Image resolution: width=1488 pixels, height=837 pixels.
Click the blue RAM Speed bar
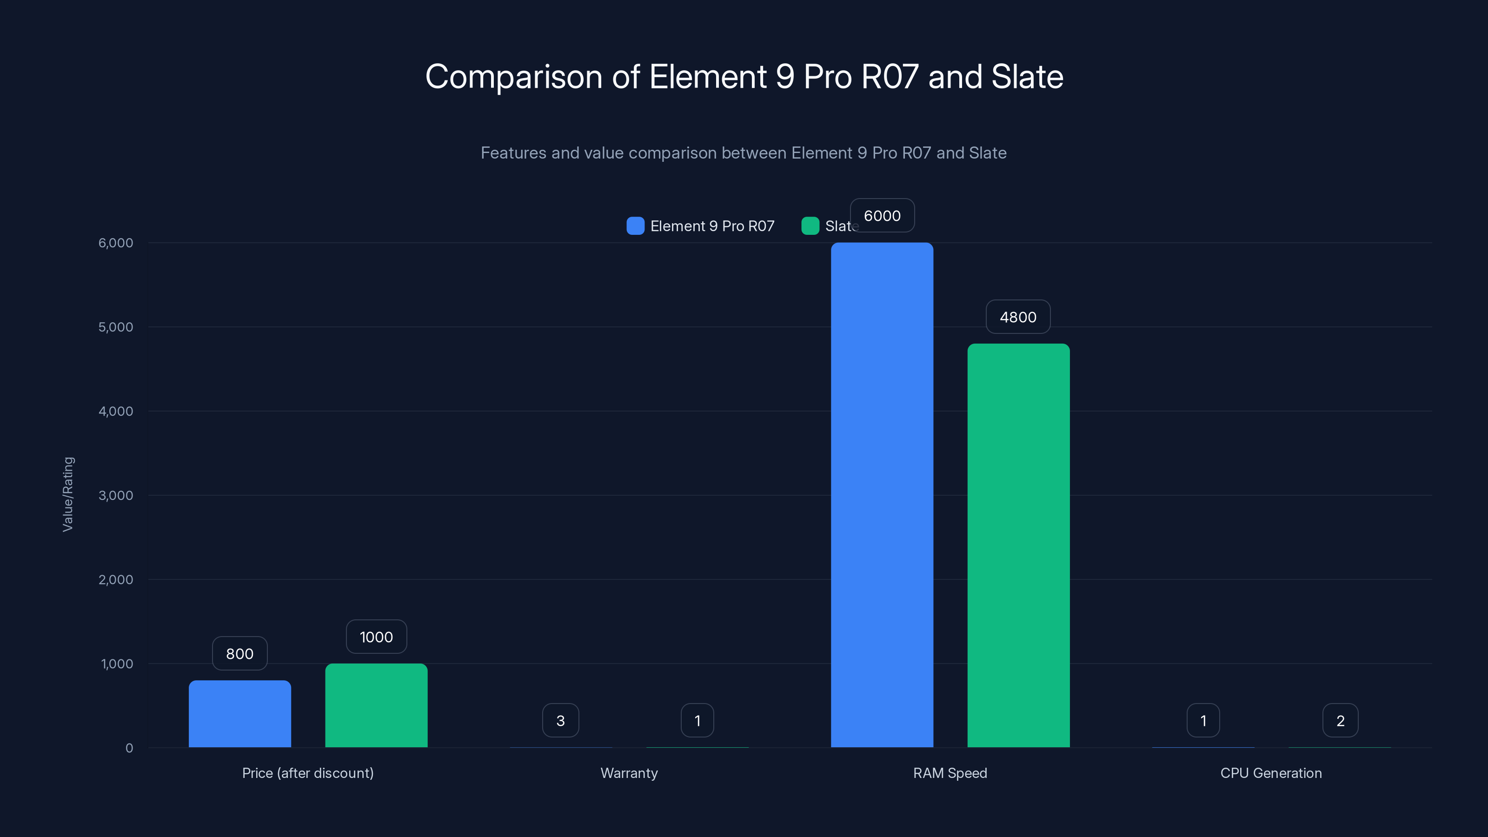point(882,495)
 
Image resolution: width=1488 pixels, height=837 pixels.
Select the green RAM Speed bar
point(1018,545)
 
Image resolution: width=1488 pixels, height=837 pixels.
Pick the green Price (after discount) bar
point(376,705)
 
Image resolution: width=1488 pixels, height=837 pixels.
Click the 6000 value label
point(882,215)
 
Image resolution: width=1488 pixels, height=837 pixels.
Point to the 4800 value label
point(1018,317)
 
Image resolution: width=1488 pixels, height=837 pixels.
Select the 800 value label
point(240,654)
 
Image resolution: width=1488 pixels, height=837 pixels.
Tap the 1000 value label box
point(376,637)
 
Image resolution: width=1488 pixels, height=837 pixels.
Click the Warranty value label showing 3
point(560,721)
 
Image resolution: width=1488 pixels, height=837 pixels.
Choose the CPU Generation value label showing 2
point(1340,721)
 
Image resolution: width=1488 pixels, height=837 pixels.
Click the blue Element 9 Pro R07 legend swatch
point(635,226)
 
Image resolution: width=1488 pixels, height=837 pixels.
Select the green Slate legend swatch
point(810,226)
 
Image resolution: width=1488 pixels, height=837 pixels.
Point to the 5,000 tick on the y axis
point(115,327)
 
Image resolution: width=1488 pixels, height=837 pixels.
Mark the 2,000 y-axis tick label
point(115,579)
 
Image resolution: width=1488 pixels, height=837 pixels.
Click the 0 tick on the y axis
point(129,748)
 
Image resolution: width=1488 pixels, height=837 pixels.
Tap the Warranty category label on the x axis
point(629,773)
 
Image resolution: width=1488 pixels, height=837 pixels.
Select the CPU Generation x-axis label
point(1271,773)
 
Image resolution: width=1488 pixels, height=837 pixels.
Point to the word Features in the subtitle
point(513,153)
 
